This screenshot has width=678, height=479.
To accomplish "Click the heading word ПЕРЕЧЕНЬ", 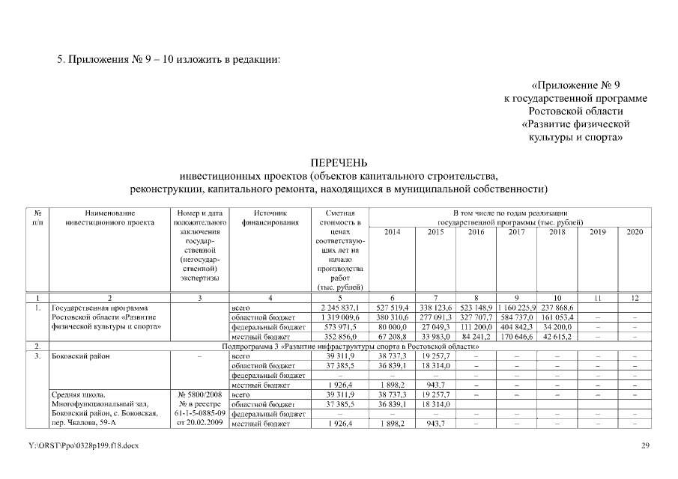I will pyautogui.click(x=339, y=162).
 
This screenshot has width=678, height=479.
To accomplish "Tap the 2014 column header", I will pyautogui.click(x=392, y=233).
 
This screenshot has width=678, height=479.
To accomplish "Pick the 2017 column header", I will pyautogui.click(x=516, y=233).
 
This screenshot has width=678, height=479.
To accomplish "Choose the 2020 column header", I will pyautogui.click(x=635, y=233).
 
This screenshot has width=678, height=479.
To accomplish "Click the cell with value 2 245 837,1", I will pyautogui.click(x=340, y=308).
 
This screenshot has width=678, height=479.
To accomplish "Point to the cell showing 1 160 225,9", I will pyautogui.click(x=516, y=308).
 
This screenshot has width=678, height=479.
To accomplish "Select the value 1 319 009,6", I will pyautogui.click(x=340, y=317).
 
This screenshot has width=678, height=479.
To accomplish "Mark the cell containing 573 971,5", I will pyautogui.click(x=342, y=327).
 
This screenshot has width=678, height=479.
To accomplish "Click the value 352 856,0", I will pyautogui.click(x=342, y=337).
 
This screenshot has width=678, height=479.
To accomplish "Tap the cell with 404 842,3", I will pyautogui.click(x=516, y=327).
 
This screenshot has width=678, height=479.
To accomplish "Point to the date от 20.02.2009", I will pyautogui.click(x=199, y=424).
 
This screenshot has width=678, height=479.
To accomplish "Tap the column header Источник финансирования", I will pyautogui.click(x=270, y=217).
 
